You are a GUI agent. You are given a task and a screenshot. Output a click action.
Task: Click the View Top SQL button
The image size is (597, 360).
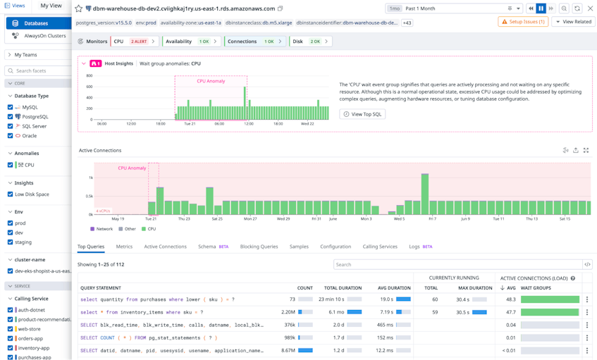(362, 114)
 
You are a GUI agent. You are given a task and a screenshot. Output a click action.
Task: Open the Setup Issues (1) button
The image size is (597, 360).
(523, 22)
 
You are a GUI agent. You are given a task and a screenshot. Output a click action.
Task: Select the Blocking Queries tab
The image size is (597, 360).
(259, 247)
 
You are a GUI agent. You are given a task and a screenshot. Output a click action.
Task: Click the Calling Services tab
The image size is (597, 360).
(379, 247)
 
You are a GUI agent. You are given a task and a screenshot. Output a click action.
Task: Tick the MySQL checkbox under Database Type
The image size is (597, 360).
(11, 107)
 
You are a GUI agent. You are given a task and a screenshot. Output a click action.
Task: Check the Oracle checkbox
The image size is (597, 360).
(11, 136)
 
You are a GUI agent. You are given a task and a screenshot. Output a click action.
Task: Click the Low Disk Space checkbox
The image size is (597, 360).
(11, 194)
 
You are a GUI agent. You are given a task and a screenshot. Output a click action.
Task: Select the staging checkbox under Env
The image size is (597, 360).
(11, 242)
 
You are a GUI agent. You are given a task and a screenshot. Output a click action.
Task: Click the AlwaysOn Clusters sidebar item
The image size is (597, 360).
(44, 35)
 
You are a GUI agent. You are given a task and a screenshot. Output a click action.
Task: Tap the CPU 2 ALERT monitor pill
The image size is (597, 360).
(134, 42)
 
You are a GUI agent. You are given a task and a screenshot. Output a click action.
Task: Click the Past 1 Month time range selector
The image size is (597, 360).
(455, 8)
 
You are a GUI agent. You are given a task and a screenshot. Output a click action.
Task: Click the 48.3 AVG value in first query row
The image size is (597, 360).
(510, 299)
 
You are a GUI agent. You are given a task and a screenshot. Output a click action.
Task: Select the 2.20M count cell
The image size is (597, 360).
(288, 312)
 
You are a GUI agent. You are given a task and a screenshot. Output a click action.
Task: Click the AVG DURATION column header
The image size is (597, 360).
(394, 287)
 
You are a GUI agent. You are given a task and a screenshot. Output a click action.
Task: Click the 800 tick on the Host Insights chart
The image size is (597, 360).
(90, 75)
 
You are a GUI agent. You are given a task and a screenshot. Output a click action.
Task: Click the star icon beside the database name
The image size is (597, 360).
(79, 8)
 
